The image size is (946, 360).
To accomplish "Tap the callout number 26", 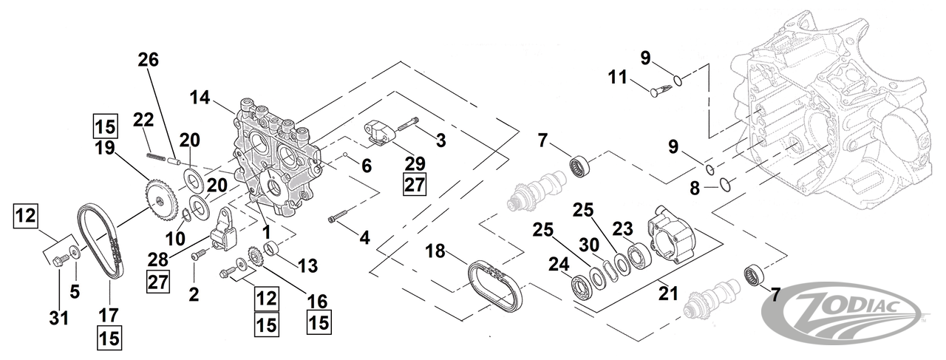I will tap(149, 61).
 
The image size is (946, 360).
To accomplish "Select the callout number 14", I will tap(200, 97).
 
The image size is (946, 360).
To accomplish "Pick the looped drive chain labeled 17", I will tap(100, 240).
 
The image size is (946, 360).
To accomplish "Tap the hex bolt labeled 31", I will tap(63, 258).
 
